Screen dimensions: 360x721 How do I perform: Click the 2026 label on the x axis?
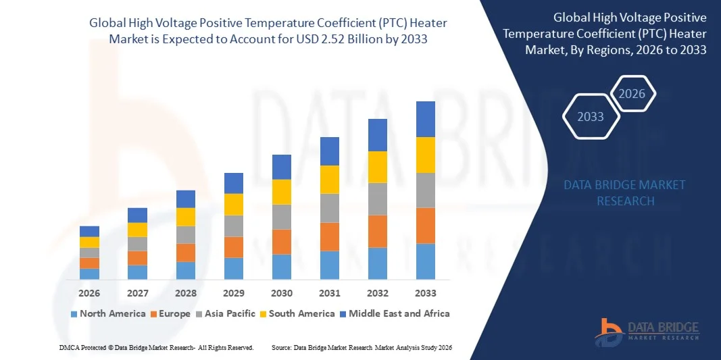tap(89, 293)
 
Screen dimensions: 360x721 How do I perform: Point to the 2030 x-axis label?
tap(282, 293)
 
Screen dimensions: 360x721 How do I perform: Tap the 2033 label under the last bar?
tap(426, 293)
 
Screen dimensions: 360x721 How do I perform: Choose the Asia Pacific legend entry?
tap(227, 313)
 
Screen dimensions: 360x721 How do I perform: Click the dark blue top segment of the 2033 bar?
tap(426, 119)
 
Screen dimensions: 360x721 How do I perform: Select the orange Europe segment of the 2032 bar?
tap(378, 231)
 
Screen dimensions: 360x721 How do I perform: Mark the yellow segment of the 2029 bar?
tap(234, 204)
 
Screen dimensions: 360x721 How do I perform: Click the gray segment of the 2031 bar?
tap(330, 208)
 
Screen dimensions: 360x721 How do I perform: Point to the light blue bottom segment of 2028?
tap(186, 270)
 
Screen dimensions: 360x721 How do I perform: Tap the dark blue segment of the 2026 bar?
tap(89, 231)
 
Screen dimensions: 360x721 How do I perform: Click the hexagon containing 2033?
tap(591, 117)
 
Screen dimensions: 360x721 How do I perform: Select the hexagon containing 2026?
tap(632, 94)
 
